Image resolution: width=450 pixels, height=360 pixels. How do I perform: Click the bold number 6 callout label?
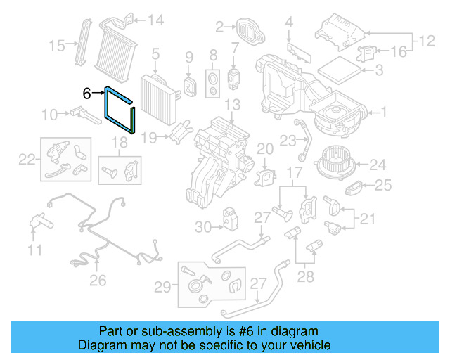tap(87, 93)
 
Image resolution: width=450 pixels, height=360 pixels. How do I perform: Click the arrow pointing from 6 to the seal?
tap(98, 93)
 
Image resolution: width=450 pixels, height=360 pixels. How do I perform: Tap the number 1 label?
tap(384, 111)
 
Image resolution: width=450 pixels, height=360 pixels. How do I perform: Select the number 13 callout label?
tap(233, 105)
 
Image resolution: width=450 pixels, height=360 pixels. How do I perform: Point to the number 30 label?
tap(203, 226)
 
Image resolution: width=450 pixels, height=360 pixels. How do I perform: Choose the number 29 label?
tap(162, 286)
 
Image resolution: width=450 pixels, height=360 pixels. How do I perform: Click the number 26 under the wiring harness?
tap(98, 281)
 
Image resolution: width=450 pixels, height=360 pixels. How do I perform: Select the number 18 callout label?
tap(120, 143)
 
